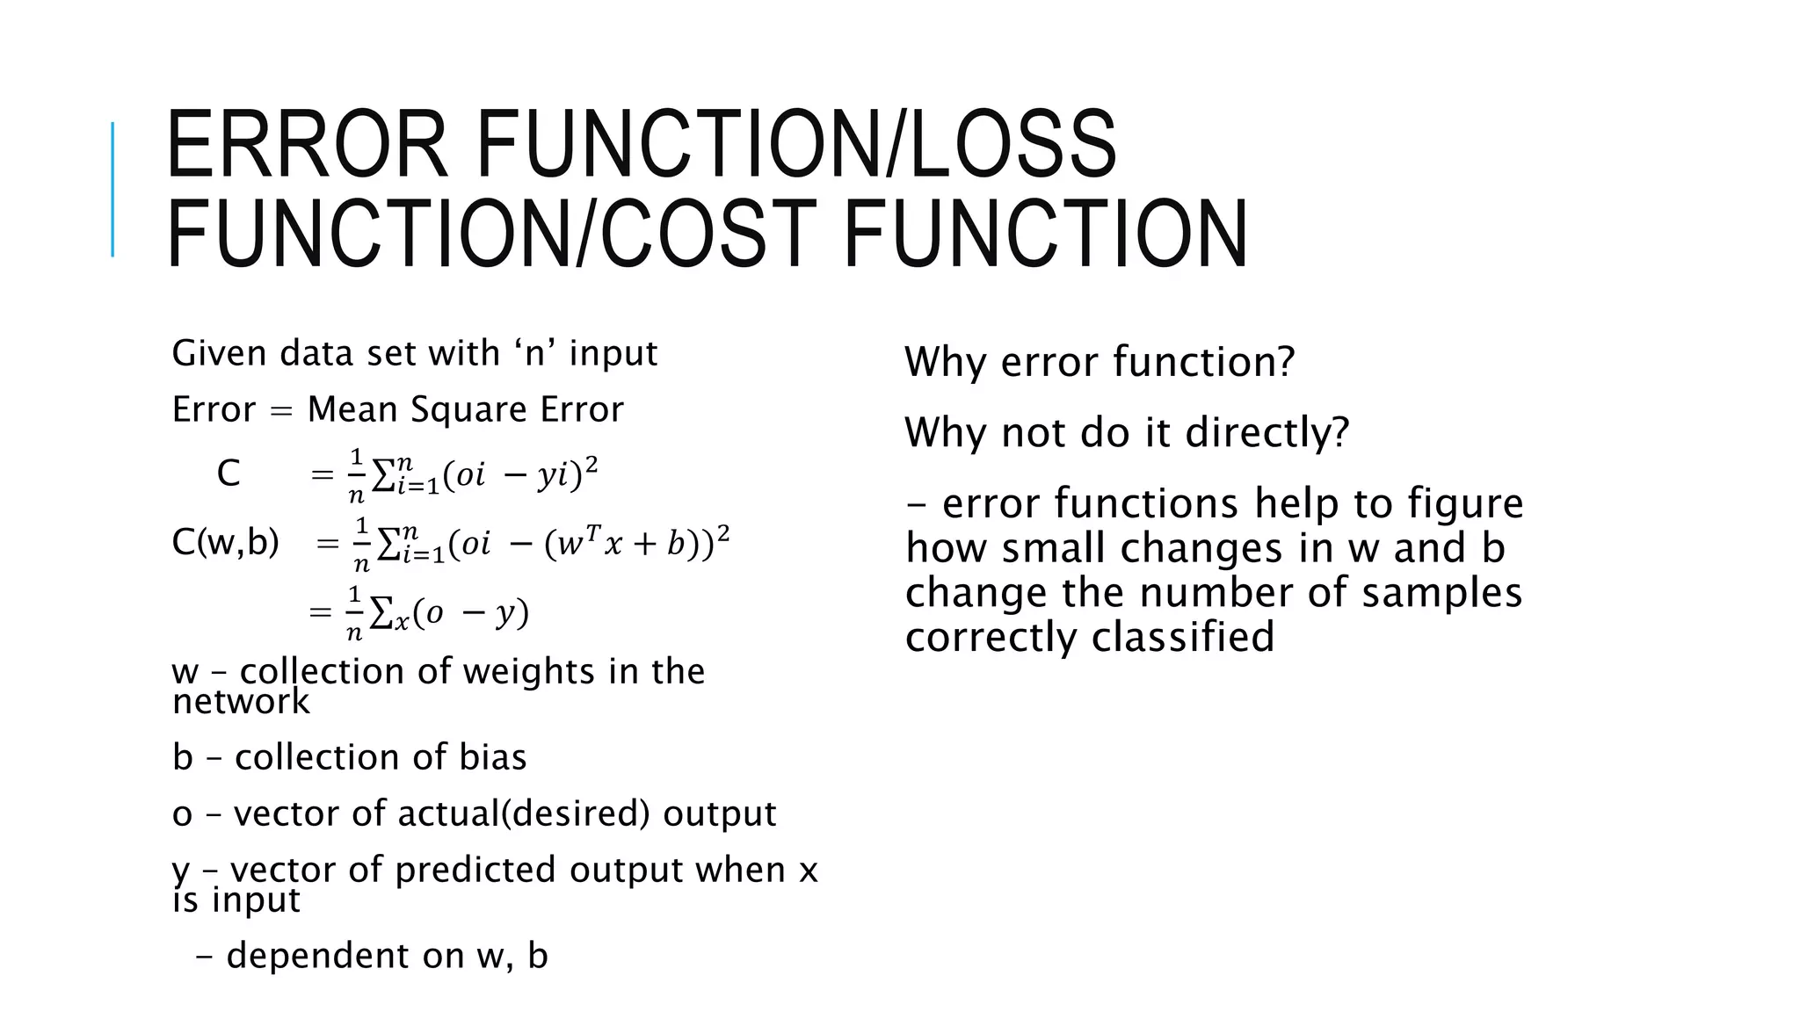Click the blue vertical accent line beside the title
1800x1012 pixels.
(112, 189)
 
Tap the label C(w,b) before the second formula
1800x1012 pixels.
(225, 543)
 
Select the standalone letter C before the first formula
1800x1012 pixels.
(229, 473)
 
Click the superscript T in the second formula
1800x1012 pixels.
(593, 532)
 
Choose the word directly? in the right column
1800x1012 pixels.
(1267, 432)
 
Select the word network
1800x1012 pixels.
(241, 702)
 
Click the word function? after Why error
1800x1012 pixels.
(1203, 362)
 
